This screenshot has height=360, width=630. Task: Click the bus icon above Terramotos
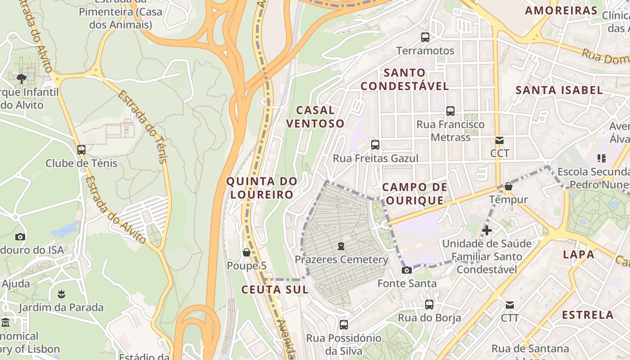(x=425, y=37)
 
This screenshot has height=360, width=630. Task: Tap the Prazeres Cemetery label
(x=341, y=260)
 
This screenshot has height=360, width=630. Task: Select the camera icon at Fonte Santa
(x=406, y=270)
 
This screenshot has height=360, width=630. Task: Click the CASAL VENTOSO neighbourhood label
(x=315, y=117)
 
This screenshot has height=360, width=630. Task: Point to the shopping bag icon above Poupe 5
(x=246, y=252)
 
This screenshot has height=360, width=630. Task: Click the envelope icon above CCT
(x=499, y=140)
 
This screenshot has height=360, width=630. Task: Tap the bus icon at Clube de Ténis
(x=81, y=150)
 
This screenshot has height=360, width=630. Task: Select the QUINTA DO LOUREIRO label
(x=261, y=188)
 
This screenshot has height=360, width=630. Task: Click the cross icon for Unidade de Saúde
(x=486, y=230)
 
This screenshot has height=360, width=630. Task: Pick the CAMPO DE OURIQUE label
(x=414, y=193)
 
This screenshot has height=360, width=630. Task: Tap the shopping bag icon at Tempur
(x=508, y=186)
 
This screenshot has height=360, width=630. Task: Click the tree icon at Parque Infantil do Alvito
(x=21, y=79)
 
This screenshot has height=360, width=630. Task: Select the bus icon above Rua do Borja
(x=429, y=305)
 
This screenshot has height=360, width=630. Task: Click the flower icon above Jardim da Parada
(x=61, y=294)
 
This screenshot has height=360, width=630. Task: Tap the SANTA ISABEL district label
(x=559, y=90)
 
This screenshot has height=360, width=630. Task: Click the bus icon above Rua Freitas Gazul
(x=375, y=145)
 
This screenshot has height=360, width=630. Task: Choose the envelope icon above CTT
(x=510, y=305)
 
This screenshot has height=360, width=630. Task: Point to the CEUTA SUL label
(x=275, y=289)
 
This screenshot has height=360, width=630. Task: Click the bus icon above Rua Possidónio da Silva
(x=344, y=324)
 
